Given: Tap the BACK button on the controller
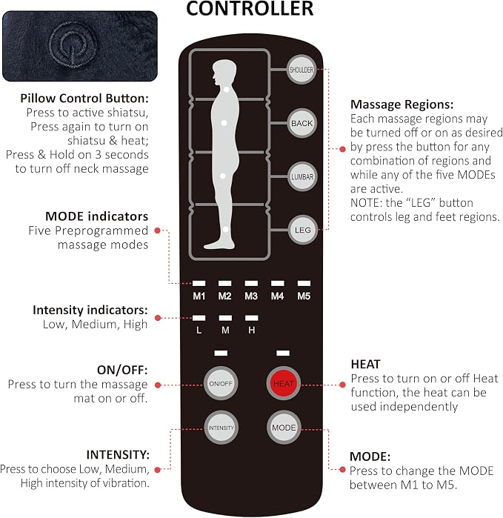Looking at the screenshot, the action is pos(302,123).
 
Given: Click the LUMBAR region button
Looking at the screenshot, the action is pos(302,176).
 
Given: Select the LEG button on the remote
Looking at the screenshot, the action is pos(302,230).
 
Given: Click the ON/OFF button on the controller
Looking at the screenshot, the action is pos(220,384).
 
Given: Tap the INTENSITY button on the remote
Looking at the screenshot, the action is pos(221,428).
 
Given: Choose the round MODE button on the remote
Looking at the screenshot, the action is pos(284,428).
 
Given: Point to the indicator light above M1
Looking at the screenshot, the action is pos(199,283).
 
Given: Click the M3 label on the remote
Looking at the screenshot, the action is pos(251,296).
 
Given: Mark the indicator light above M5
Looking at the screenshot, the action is pos(304,283).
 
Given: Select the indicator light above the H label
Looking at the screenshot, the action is pos(252,318).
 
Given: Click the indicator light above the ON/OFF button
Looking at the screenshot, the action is pos(221,353).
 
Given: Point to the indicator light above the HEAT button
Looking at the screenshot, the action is pos(283,353).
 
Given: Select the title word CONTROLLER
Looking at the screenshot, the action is pos(250,8).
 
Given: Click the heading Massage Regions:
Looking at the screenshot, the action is pos(402,104).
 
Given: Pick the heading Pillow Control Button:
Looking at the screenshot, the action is pos(84,99).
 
